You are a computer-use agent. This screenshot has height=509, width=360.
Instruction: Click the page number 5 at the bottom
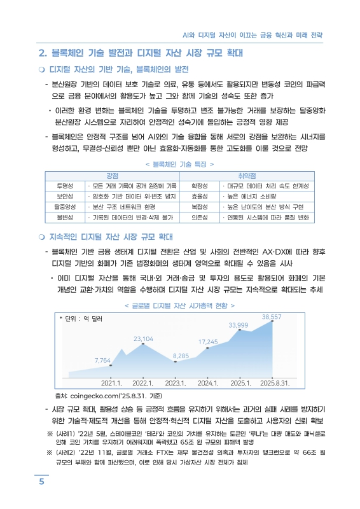coord(41,482)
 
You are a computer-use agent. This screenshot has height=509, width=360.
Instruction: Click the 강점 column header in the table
coord(114,175)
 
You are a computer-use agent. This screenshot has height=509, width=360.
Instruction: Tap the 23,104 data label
coord(143,338)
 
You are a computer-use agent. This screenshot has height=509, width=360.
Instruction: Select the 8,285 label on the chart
coord(181,356)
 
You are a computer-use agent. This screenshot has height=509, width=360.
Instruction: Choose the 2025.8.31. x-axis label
coord(275,383)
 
